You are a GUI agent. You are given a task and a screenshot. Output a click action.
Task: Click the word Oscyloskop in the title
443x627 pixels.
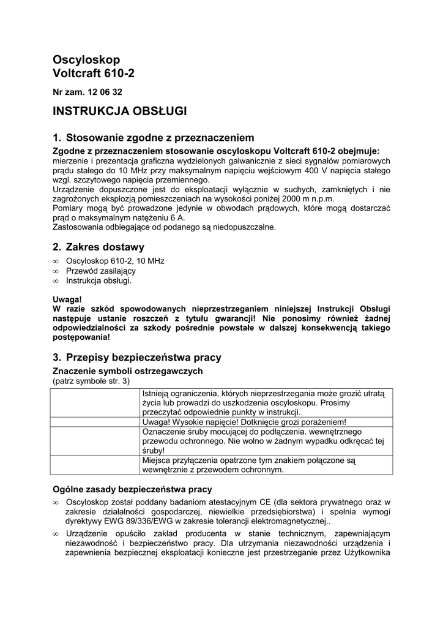click(x=86, y=59)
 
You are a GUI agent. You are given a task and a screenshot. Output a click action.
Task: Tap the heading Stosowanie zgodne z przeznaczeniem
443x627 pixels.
click(x=159, y=138)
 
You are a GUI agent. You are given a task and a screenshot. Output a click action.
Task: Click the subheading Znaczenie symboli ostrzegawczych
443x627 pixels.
click(x=127, y=371)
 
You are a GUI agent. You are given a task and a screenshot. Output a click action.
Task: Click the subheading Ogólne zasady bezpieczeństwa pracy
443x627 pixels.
click(x=133, y=489)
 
